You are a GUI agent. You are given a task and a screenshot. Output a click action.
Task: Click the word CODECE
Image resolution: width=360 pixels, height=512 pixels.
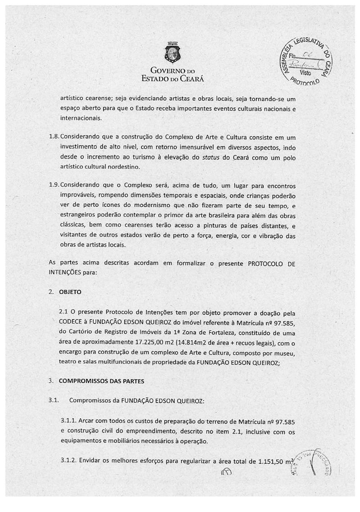click(x=72, y=322)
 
